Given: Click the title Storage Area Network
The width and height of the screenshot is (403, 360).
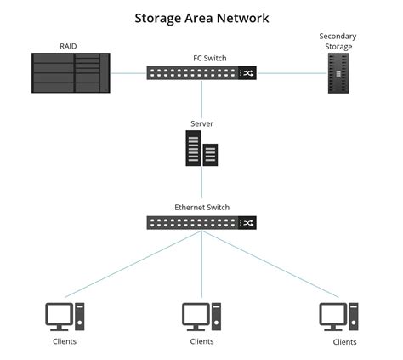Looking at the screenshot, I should pyautogui.click(x=201, y=16).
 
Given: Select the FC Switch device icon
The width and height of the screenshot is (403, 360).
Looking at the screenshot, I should pyautogui.click(x=201, y=74).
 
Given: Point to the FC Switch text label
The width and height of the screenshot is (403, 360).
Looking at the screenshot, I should pyautogui.click(x=201, y=58).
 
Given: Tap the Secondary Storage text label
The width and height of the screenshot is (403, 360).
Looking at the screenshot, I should pyautogui.click(x=338, y=41).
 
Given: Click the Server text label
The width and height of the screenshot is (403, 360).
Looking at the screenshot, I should pyautogui.click(x=201, y=123).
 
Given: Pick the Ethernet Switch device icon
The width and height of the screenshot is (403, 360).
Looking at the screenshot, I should pyautogui.click(x=201, y=222).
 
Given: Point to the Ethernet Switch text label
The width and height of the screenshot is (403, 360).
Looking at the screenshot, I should pyautogui.click(x=201, y=207).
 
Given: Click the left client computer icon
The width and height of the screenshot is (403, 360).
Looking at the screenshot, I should pyautogui.click(x=65, y=316).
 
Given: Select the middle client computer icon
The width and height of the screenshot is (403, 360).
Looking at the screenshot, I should pyautogui.click(x=201, y=316).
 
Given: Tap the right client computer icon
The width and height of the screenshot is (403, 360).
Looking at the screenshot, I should pyautogui.click(x=338, y=316).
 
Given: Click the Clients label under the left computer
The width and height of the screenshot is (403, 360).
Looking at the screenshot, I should pyautogui.click(x=64, y=341).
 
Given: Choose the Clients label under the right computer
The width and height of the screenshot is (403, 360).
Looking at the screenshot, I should pyautogui.click(x=344, y=341).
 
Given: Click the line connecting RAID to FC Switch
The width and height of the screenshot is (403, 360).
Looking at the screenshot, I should pyautogui.click(x=128, y=73).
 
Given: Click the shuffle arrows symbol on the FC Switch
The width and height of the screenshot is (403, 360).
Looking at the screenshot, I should pyautogui.click(x=247, y=74).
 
